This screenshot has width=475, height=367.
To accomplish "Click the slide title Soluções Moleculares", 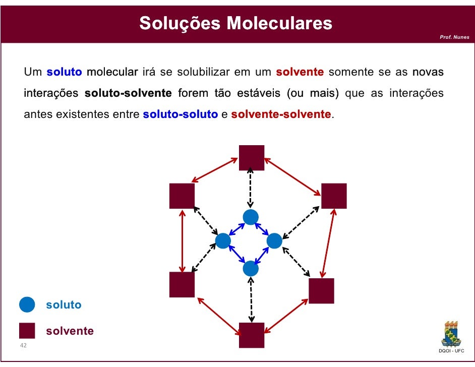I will pos(236,23).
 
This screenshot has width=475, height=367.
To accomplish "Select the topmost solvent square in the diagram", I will pos(252,158).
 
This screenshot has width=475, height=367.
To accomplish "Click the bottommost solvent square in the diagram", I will pos(252,335).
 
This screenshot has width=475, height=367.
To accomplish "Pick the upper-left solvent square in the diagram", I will pos(182,196).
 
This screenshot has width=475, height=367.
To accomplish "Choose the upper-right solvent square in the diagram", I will pos(334,196).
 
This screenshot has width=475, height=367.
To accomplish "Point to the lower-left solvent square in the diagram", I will pos(182,285).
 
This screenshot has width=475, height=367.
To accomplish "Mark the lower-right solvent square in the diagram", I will pos(321,291).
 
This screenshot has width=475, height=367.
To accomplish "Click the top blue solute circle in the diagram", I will pos(251,217).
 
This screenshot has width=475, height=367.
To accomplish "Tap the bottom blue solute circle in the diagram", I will pos(251,268).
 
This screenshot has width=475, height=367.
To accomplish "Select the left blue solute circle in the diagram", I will pos(223,241).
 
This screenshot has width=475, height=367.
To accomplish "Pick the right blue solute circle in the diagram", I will pos(274,241).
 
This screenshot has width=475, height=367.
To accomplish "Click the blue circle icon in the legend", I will pos(27,304).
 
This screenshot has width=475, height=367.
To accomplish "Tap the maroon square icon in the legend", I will pos(27,331).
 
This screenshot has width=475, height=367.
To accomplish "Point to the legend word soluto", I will pos(64,305).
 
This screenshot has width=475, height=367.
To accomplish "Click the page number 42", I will pos(23,346).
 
